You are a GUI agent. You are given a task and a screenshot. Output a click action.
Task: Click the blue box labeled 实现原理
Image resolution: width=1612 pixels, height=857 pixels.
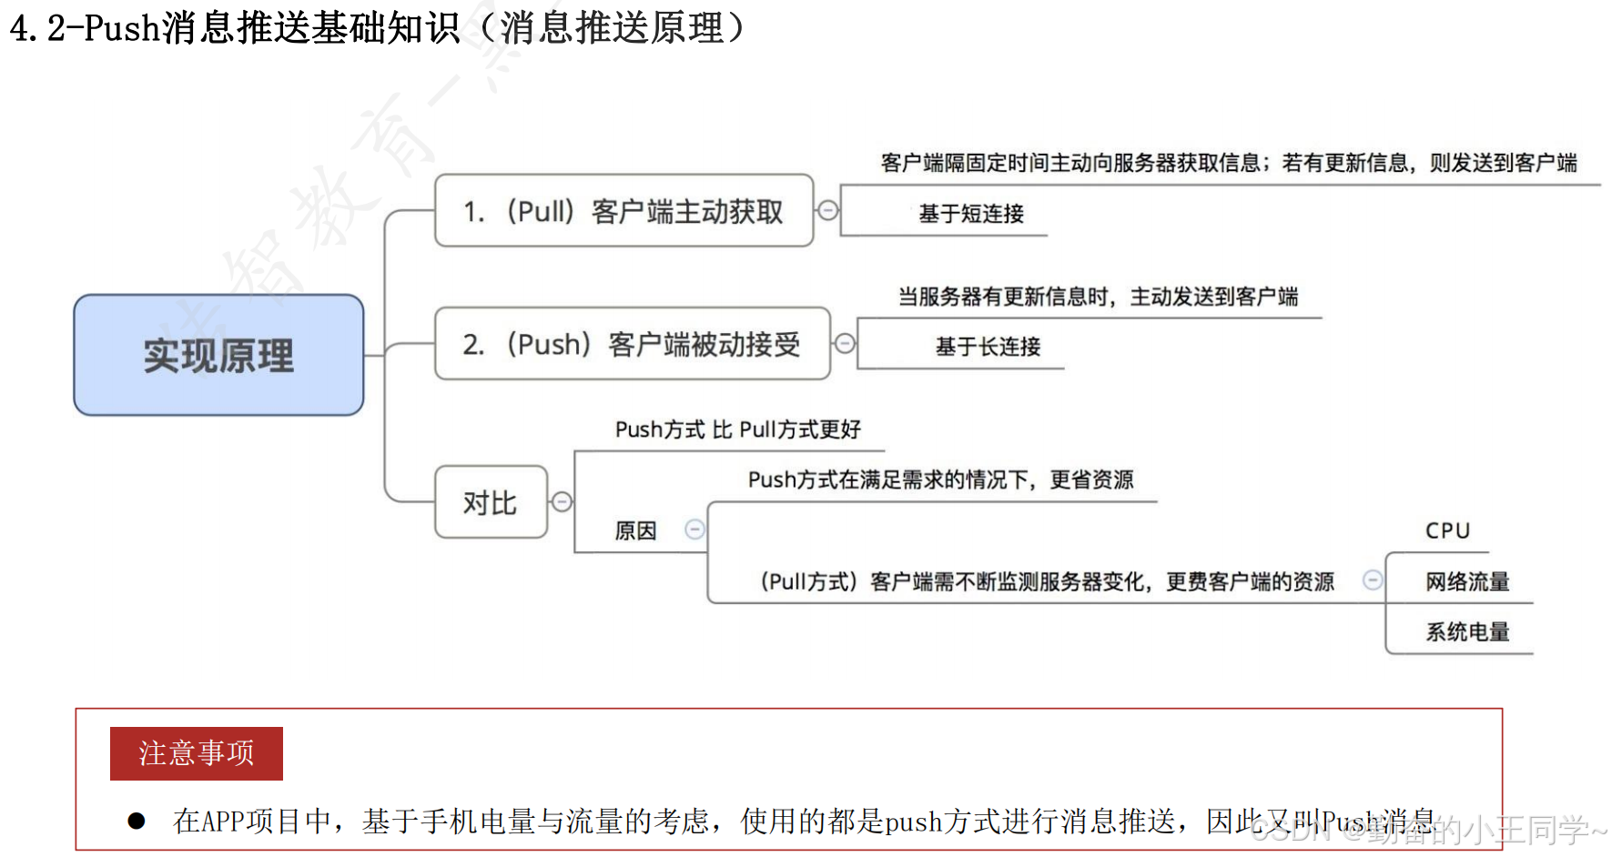point(218,355)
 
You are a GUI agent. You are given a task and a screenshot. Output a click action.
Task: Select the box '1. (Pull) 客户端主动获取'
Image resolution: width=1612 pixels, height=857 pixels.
point(624,211)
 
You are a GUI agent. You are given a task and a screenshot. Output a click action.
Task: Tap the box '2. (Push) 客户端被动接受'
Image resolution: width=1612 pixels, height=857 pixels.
point(632,344)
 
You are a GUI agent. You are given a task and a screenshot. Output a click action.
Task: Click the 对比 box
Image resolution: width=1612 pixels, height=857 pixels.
point(491,502)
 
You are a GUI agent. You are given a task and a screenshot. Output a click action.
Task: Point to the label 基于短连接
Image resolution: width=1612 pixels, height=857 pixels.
point(971,214)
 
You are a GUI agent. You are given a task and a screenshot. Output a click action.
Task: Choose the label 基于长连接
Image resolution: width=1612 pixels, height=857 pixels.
point(988,347)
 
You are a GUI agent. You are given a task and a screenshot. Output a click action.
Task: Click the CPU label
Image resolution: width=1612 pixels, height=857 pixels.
point(1447,530)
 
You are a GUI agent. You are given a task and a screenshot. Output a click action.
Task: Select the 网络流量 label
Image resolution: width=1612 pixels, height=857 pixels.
point(1467,581)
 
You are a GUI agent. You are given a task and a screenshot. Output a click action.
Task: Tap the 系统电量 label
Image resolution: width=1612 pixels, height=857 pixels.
point(1467,632)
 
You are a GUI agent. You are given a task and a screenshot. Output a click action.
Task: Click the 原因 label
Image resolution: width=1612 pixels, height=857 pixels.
point(635,530)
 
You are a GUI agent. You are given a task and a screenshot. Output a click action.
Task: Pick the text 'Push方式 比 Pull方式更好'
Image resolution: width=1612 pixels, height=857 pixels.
point(737,429)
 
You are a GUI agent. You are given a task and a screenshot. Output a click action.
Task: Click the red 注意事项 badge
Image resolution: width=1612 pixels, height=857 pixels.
point(197,753)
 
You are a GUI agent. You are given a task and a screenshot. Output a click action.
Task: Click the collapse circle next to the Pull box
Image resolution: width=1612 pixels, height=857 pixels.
point(827,211)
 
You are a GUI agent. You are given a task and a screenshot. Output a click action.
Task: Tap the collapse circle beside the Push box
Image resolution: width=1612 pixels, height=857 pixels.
point(845,343)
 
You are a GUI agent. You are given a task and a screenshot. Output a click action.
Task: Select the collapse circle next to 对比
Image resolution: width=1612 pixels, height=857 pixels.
point(563,502)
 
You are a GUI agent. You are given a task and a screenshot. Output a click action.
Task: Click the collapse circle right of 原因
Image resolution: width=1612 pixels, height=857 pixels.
point(694,529)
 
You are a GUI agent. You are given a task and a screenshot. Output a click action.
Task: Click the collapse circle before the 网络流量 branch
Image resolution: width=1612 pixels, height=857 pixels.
point(1373,580)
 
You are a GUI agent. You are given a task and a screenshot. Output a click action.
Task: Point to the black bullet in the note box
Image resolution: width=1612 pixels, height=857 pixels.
point(137,822)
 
